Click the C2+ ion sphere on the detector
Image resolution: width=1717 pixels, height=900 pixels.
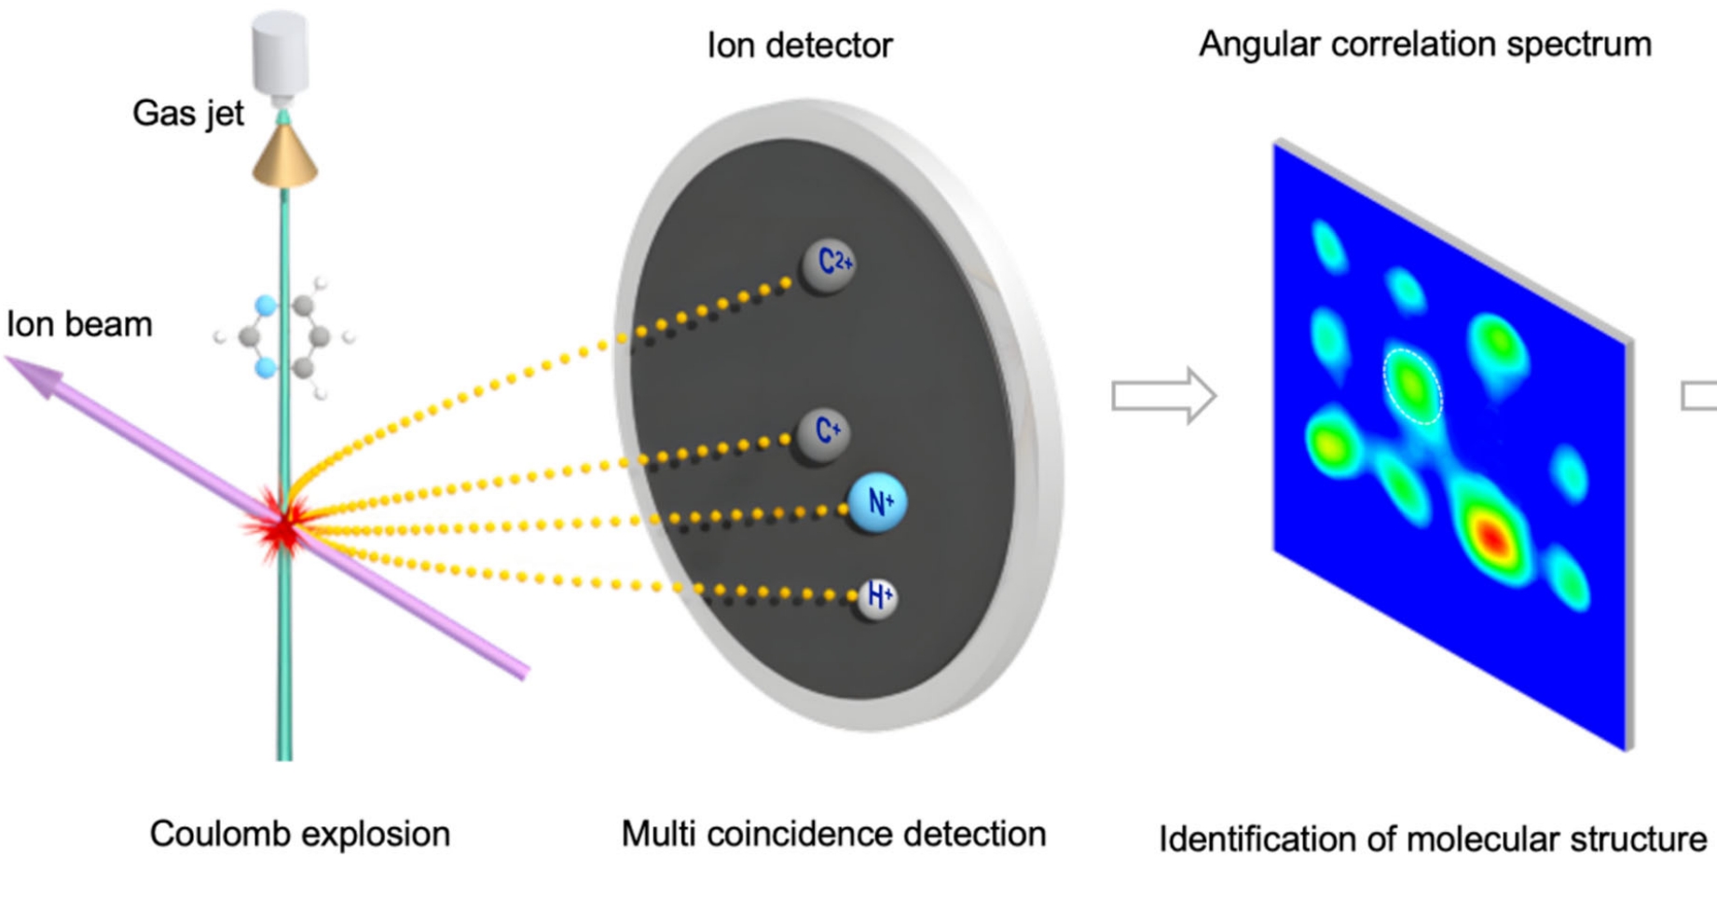pyautogui.click(x=828, y=264)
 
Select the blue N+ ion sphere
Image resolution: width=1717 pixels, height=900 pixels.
pyautogui.click(x=876, y=503)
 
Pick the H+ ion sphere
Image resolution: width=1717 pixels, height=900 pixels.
pyautogui.click(x=877, y=596)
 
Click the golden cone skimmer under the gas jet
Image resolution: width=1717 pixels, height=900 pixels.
pyautogui.click(x=285, y=156)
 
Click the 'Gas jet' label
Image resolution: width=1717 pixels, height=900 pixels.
pyautogui.click(x=187, y=114)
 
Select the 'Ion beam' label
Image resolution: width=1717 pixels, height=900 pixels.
pyautogui.click(x=79, y=324)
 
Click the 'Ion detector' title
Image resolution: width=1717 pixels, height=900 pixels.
pyautogui.click(x=799, y=45)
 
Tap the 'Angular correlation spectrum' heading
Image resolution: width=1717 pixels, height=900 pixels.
pyautogui.click(x=1424, y=44)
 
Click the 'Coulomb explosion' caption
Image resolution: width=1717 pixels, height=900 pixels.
pyautogui.click(x=299, y=834)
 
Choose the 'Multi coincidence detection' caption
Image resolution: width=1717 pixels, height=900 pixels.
pyautogui.click(x=833, y=834)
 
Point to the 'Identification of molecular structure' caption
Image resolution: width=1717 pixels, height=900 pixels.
pyautogui.click(x=1432, y=839)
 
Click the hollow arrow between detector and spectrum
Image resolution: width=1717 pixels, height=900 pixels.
pyautogui.click(x=1163, y=396)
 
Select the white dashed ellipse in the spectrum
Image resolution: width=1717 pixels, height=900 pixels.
pyautogui.click(x=1412, y=385)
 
